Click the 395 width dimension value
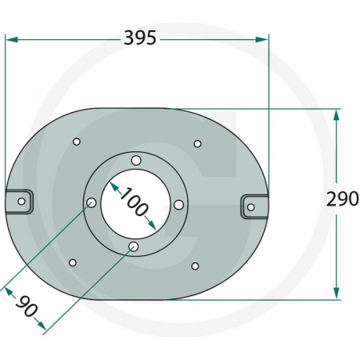(139, 38)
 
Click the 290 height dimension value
(342, 200)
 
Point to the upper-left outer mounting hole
(77, 142)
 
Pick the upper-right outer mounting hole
(198, 144)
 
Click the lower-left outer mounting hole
(73, 262)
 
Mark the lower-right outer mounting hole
(194, 266)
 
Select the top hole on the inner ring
(137, 162)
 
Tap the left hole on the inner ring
(91, 202)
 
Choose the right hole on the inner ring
(178, 206)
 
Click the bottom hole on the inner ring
(134, 246)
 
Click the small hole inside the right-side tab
(250, 207)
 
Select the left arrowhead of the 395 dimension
(10, 38)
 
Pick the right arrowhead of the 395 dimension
(264, 38)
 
